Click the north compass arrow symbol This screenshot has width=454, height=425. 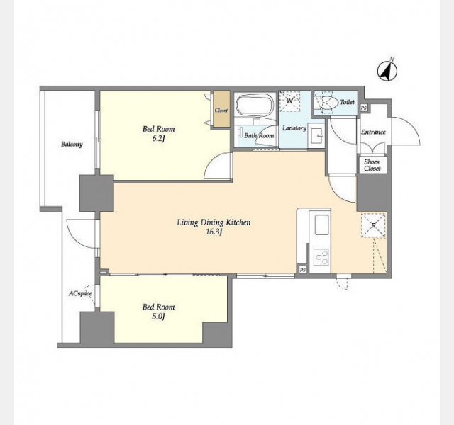tap(387, 71)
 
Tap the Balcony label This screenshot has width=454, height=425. tap(72, 144)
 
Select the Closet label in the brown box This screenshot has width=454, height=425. tap(221, 110)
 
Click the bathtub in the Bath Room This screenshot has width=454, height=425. tap(255, 106)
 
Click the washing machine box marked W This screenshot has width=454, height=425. tap(289, 101)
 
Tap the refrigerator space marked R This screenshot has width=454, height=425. tap(374, 225)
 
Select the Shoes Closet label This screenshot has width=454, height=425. tap(372, 165)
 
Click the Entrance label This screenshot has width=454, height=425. tap(373, 132)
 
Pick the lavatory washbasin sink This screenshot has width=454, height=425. tap(316, 135)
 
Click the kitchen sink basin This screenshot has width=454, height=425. tap(321, 225)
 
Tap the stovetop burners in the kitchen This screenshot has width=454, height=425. tap(322, 257)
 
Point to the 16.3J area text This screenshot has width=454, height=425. tap(214, 232)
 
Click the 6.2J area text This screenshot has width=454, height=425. tap(158, 139)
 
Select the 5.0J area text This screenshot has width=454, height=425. tap(158, 317)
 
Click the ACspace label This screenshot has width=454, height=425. tap(80, 294)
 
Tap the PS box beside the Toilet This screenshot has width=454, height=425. tap(364, 108)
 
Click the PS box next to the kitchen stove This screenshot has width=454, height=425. tap(303, 270)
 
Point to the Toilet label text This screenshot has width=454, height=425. tap(347, 102)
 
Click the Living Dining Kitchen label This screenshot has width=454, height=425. tap(214, 222)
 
